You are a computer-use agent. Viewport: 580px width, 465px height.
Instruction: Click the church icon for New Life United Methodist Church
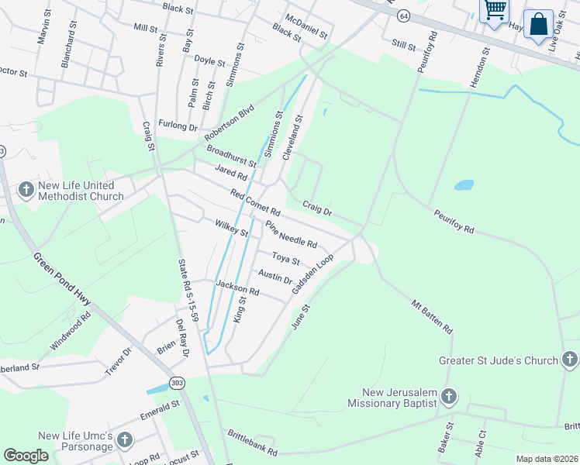[26, 189]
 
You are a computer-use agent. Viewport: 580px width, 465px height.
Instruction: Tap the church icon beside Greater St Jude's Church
[569, 360]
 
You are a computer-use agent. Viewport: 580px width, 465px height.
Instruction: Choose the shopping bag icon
[538, 24]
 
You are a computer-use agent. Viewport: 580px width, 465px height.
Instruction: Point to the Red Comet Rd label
[255, 202]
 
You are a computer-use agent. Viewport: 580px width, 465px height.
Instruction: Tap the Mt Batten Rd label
[433, 317]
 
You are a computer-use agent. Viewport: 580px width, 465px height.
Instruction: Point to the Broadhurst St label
[231, 155]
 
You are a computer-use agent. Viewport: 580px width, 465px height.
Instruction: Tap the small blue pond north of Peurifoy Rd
[464, 185]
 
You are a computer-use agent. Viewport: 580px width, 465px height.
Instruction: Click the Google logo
[26, 456]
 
